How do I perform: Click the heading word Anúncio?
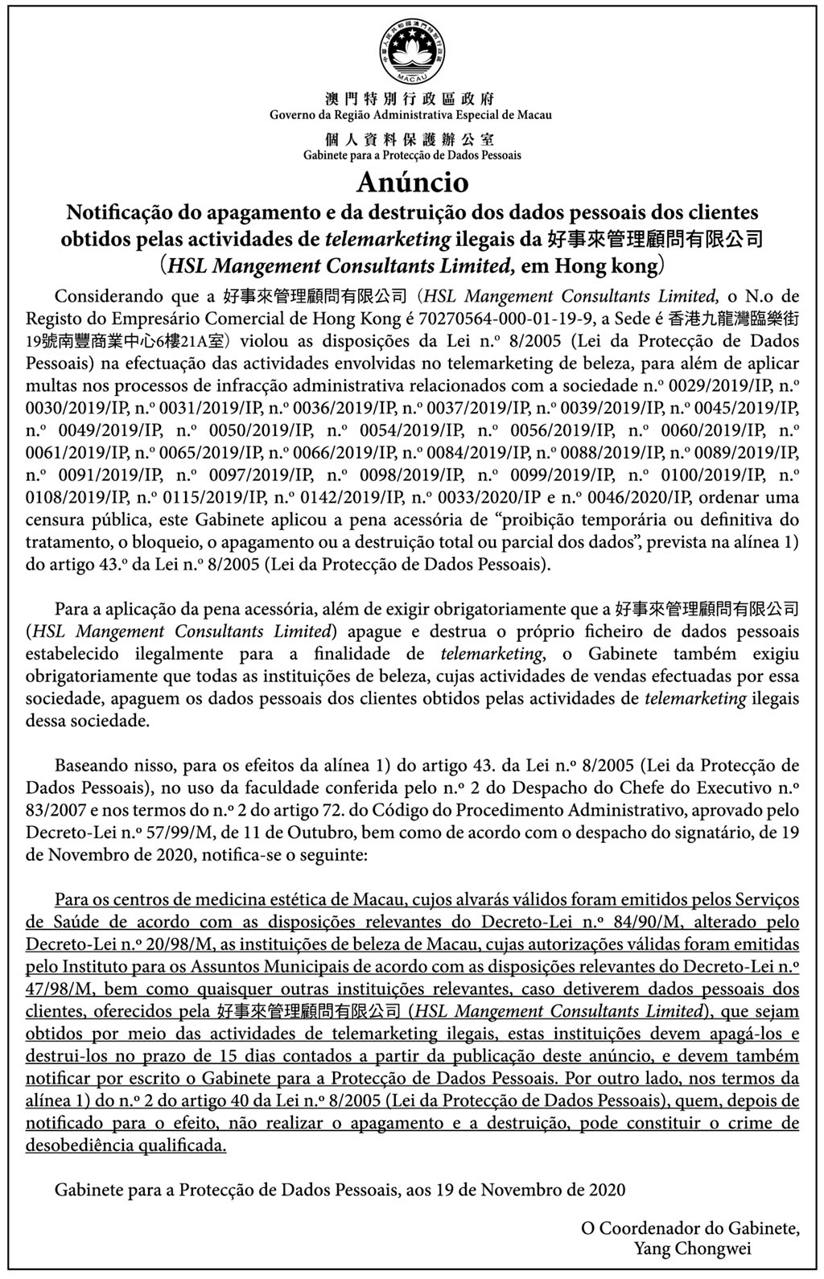tap(411, 183)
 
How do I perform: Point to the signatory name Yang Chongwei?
tap(692, 1249)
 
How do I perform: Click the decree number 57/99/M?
tap(138, 833)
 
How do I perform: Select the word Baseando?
tap(89, 765)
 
